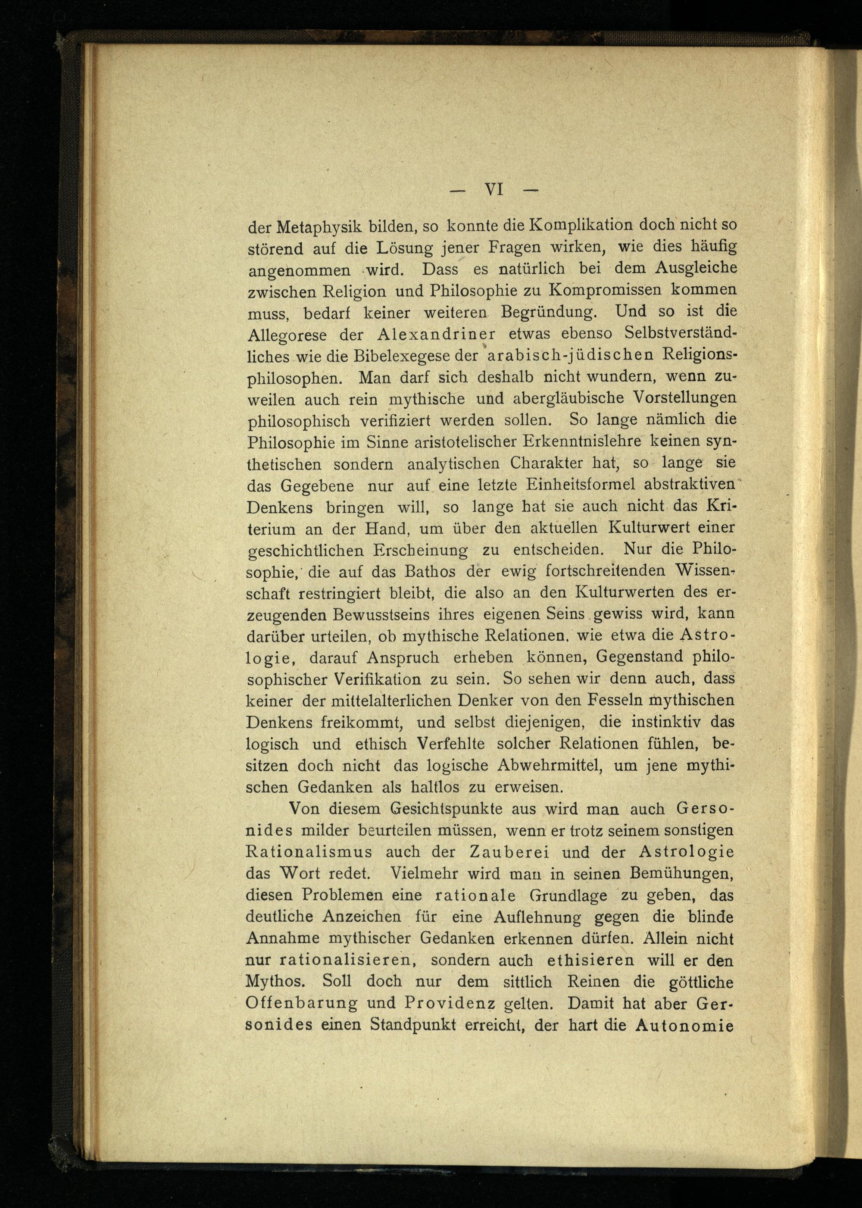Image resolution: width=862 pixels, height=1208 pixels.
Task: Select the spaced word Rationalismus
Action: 309,852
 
